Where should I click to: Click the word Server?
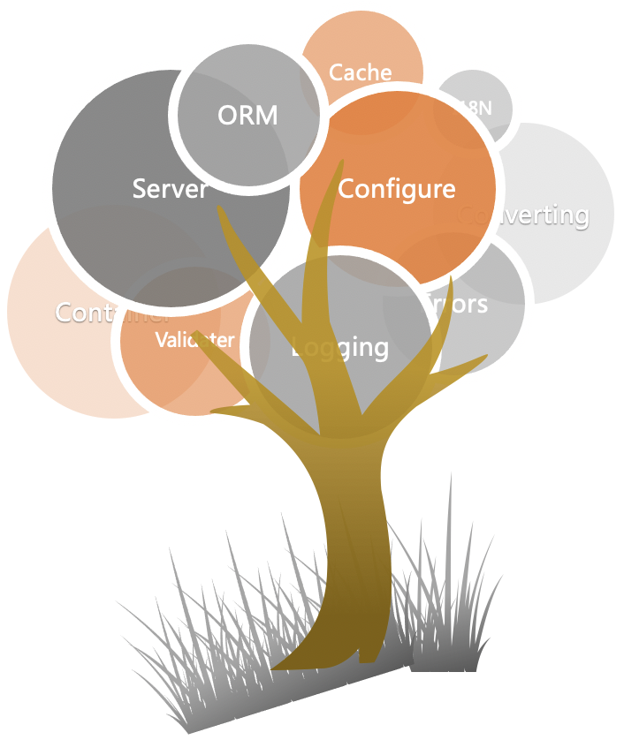(170, 188)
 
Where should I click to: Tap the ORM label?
(247, 115)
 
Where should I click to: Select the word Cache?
(360, 72)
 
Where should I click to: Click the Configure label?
(397, 188)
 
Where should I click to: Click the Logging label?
(340, 347)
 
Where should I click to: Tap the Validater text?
(194, 340)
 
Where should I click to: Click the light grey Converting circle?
(552, 212)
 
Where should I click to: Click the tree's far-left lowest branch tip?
(214, 410)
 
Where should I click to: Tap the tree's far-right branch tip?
(485, 358)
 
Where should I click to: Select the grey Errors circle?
(477, 318)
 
